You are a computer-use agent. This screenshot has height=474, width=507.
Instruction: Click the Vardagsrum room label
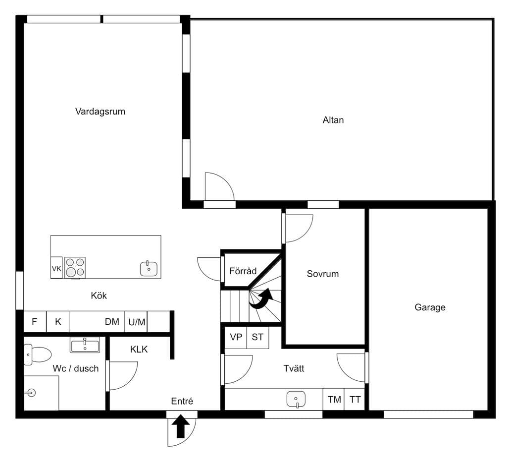pyautogui.click(x=100, y=112)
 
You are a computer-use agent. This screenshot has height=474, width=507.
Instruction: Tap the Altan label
pyautogui.click(x=333, y=120)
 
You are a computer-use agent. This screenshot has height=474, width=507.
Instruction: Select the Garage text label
pyautogui.click(x=430, y=307)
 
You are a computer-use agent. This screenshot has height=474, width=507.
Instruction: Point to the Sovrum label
pyautogui.click(x=323, y=274)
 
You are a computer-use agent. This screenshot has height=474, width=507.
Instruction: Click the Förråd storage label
pyautogui.click(x=243, y=271)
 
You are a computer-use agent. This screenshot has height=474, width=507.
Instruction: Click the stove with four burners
pyautogui.click(x=75, y=267)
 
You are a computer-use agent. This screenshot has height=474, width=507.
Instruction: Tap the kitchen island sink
pyautogui.click(x=149, y=268)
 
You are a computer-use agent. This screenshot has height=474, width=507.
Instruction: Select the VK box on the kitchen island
pyautogui.click(x=56, y=267)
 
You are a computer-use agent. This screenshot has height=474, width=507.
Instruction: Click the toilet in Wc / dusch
pyautogui.click(x=37, y=355)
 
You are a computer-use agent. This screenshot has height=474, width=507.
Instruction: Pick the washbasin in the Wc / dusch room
pyautogui.click(x=85, y=345)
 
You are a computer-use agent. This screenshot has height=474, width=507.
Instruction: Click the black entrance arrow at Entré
pyautogui.click(x=181, y=426)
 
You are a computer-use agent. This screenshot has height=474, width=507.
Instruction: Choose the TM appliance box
pyautogui.click(x=334, y=400)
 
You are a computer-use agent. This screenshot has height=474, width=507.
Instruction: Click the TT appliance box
pyautogui.click(x=355, y=400)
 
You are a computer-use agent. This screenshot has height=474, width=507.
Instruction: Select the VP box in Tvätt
pyautogui.click(x=236, y=337)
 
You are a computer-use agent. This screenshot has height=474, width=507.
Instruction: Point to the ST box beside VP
pyautogui.click(x=257, y=337)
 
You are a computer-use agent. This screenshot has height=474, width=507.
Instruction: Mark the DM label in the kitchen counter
pyautogui.click(x=112, y=321)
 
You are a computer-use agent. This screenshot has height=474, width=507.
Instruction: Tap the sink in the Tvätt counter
pyautogui.click(x=296, y=399)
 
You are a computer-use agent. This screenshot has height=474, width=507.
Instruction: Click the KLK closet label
pyautogui.click(x=139, y=350)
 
